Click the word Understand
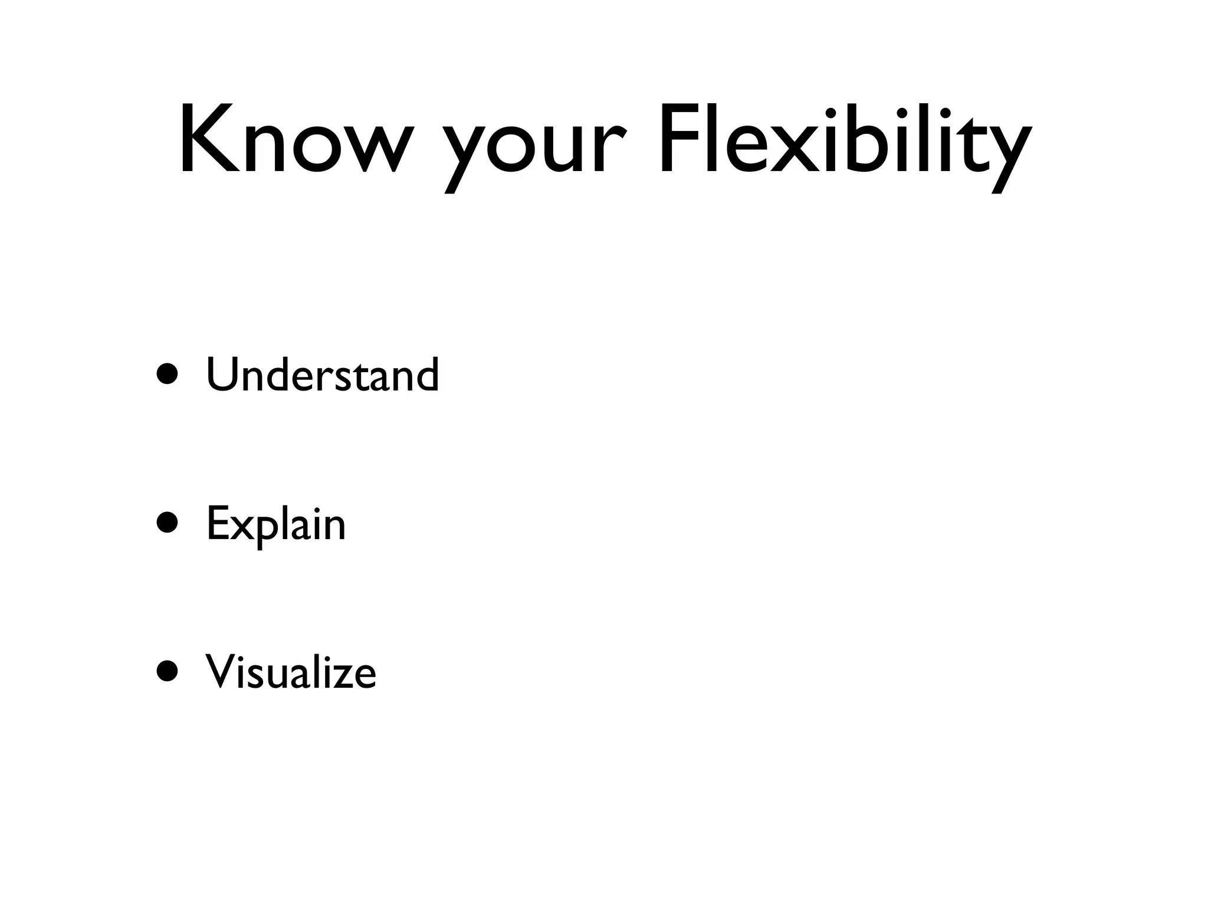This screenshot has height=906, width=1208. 323,375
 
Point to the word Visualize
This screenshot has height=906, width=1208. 291,672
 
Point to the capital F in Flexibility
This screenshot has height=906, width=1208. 678,140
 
